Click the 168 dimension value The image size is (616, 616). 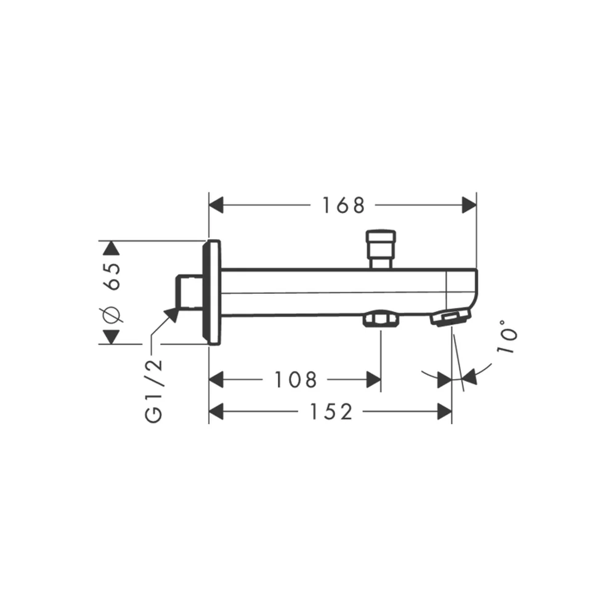pyautogui.click(x=343, y=206)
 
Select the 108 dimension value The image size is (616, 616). pyautogui.click(x=295, y=380)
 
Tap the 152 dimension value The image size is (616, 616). pyautogui.click(x=331, y=411)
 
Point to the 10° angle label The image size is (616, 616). pyautogui.click(x=507, y=336)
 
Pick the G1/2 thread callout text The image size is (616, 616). pyautogui.click(x=153, y=391)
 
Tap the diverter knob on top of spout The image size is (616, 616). pyautogui.click(x=381, y=249)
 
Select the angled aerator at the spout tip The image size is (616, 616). pyautogui.click(x=450, y=317)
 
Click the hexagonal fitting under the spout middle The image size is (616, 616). pyautogui.click(x=381, y=318)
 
